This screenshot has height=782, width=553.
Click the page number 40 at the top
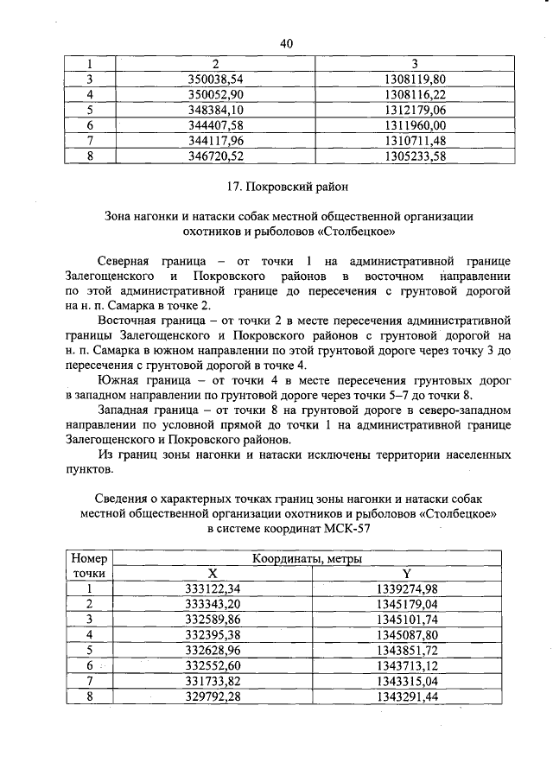(x=288, y=44)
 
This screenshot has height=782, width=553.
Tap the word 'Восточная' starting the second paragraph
(x=129, y=321)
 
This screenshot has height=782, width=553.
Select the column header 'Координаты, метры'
(x=307, y=559)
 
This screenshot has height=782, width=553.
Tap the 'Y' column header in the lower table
(x=407, y=574)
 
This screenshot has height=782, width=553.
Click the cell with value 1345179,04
(x=407, y=604)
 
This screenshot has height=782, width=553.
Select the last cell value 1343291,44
(x=407, y=696)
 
